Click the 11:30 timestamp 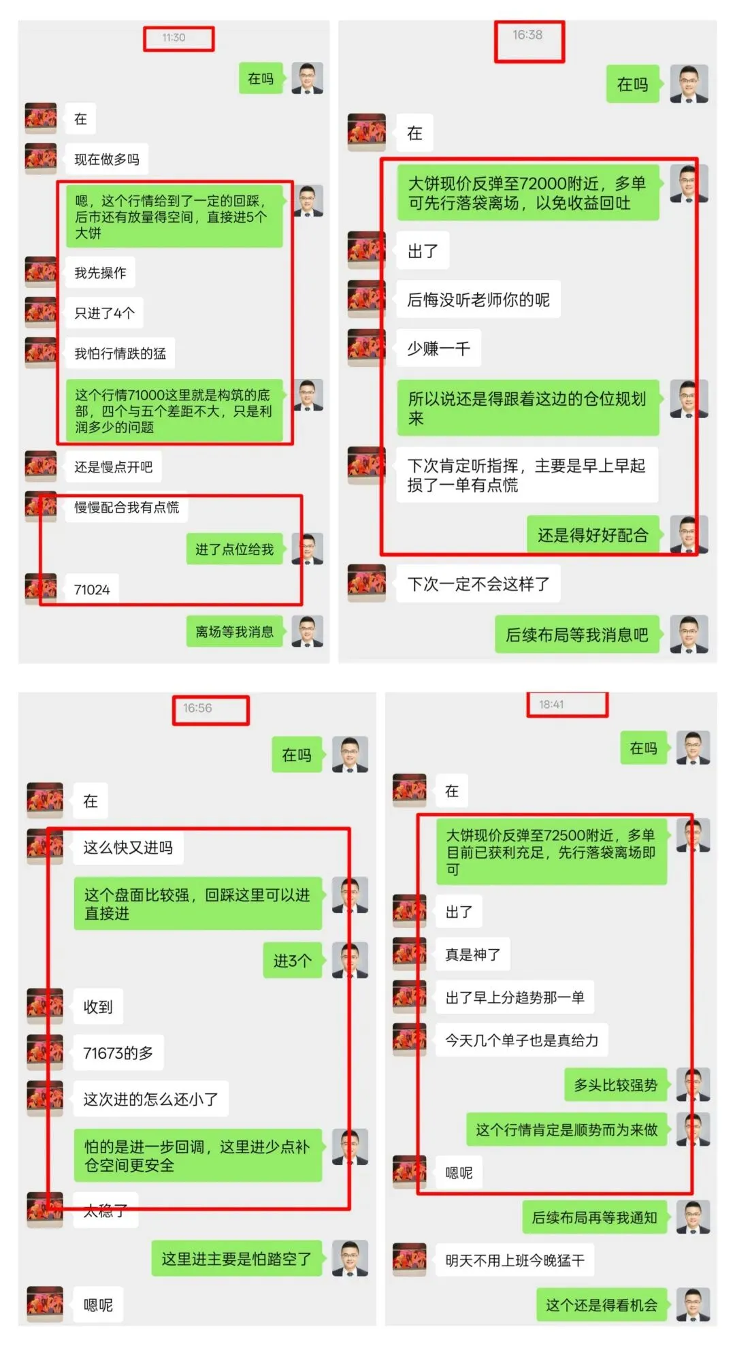click(x=174, y=37)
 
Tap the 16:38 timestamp click(x=527, y=35)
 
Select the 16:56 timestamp click(x=197, y=708)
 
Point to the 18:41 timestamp click(x=551, y=705)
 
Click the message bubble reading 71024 click(x=92, y=590)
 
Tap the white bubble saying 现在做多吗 click(x=107, y=159)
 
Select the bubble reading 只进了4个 click(x=105, y=313)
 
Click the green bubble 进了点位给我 click(x=234, y=549)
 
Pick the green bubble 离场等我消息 click(x=234, y=632)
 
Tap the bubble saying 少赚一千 click(x=439, y=349)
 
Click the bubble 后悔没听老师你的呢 click(x=478, y=300)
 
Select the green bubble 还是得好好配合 click(x=593, y=535)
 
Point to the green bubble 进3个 click(x=293, y=961)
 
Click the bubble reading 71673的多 click(x=118, y=1053)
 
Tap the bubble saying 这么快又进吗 click(x=128, y=848)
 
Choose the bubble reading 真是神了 click(x=473, y=955)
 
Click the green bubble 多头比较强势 click(x=615, y=1085)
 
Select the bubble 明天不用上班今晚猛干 click(x=515, y=1260)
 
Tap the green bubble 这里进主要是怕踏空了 click(x=236, y=1259)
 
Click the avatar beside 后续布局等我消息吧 click(x=689, y=635)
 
